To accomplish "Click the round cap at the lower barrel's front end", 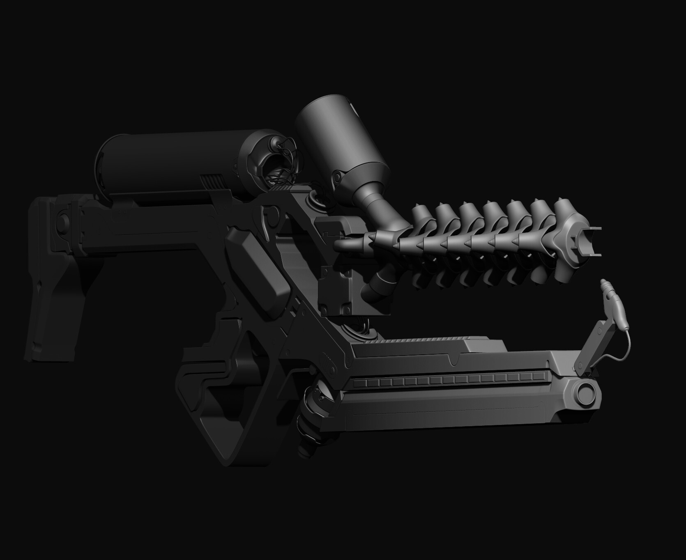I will click(584, 393).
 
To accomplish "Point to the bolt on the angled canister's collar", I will click(338, 176).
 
